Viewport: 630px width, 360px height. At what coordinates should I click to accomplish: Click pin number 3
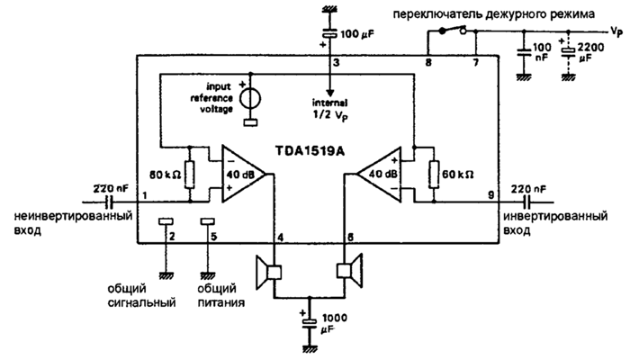(x=336, y=63)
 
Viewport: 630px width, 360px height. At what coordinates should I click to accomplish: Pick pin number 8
(x=428, y=63)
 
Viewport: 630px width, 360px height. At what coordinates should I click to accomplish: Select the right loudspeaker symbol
(x=348, y=270)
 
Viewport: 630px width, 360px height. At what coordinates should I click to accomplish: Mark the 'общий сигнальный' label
(x=134, y=298)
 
